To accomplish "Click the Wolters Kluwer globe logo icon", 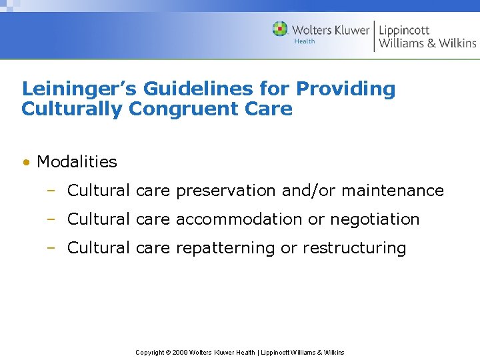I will (280, 29).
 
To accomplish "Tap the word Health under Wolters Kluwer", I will (304, 41).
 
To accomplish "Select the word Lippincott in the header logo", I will (404, 30).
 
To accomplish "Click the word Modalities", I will (77, 161).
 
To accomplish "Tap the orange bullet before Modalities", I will (25, 162).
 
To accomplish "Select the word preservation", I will (226, 191).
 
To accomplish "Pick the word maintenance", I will (393, 191).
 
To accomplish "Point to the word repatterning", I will (225, 248).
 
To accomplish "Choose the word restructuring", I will (354, 248).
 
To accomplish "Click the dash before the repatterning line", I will (50, 248).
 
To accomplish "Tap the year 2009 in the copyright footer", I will (180, 352).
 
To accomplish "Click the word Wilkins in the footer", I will (333, 352).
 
